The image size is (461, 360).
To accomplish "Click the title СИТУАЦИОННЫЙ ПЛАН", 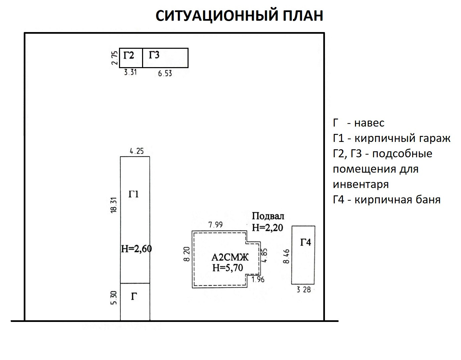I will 239,16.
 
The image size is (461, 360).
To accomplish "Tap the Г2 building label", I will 129,55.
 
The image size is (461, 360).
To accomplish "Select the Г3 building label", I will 154,55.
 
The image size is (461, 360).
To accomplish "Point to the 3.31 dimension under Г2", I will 130,72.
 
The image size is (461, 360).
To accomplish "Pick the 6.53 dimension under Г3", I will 165,73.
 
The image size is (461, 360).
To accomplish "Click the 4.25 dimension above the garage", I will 136,151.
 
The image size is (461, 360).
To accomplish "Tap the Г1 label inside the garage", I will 133,194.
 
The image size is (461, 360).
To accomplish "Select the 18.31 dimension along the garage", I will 113,205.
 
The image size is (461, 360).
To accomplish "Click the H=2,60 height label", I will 136,249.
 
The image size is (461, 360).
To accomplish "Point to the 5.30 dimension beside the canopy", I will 114,298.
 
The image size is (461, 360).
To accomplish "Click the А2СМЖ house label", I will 230,257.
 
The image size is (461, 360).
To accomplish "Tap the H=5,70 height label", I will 227,267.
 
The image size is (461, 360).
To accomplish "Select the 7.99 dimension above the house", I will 215,225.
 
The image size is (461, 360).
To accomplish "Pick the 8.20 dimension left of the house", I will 187,254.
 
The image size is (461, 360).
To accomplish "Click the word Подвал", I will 268,216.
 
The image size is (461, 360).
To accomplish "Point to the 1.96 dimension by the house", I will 258,280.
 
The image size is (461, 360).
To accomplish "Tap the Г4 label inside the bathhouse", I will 305,242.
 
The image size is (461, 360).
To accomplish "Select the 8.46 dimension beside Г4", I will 286,256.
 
